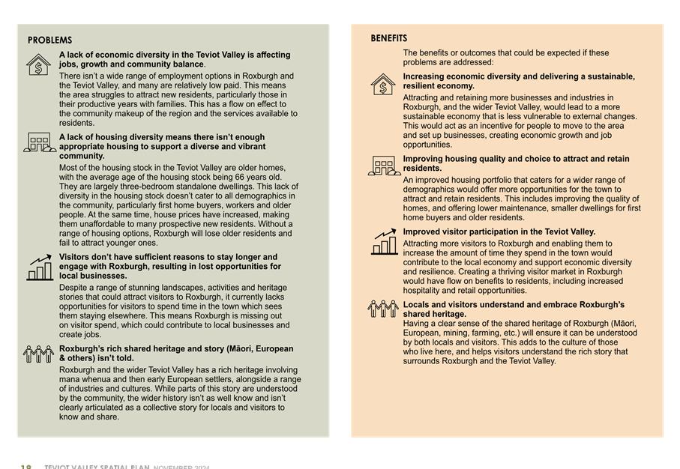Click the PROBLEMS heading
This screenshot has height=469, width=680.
pyautogui.click(x=50, y=40)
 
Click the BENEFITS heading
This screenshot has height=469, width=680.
pyautogui.click(x=389, y=38)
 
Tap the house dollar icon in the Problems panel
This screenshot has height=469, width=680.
pyautogui.click(x=38, y=64)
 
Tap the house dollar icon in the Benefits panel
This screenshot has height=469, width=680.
pyautogui.click(x=383, y=84)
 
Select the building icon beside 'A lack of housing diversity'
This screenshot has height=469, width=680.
pyautogui.click(x=38, y=142)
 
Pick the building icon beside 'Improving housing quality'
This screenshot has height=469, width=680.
pyautogui.click(x=383, y=166)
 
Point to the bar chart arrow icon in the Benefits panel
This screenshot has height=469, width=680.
pyautogui.click(x=384, y=241)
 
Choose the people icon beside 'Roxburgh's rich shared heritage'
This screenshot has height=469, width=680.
pyautogui.click(x=38, y=354)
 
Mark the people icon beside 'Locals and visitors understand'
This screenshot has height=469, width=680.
pyautogui.click(x=383, y=308)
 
